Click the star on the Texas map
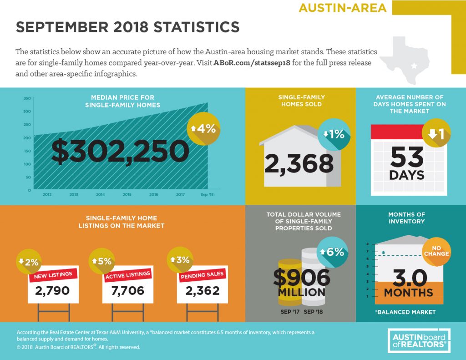click(414, 66)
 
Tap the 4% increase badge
click(203, 129)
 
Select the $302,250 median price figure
click(120, 151)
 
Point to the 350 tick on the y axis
click(27, 98)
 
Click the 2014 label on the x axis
click(101, 194)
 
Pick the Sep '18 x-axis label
click(207, 194)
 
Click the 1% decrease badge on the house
click(334, 134)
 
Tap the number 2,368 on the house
click(299, 164)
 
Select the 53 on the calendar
click(407, 157)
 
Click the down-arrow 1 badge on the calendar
click(436, 133)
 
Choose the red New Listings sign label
click(53, 275)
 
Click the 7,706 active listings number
click(128, 290)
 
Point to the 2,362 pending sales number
click(203, 290)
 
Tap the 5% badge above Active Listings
click(102, 261)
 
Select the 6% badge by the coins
click(332, 253)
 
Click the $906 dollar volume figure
click(302, 278)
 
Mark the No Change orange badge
click(436, 251)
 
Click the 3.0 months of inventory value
click(410, 278)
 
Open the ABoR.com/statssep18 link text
click(252, 63)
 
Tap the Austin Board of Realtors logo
click(419, 341)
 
